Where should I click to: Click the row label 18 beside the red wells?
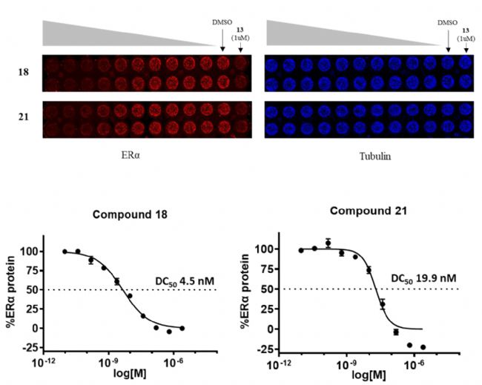click(24, 73)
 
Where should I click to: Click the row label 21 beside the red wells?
click(24, 118)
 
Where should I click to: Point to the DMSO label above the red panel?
click(222, 22)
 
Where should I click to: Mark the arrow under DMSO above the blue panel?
click(448, 41)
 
